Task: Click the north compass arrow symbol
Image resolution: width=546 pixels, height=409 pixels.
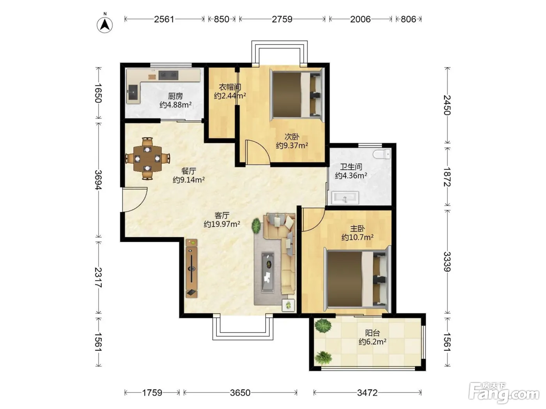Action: point(105,25)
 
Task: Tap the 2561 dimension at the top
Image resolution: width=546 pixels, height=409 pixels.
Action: point(164,19)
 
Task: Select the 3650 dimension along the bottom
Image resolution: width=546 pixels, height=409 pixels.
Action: point(240,393)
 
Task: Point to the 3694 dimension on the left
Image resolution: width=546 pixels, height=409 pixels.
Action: point(99,180)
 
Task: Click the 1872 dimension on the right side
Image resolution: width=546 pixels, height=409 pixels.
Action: point(447,177)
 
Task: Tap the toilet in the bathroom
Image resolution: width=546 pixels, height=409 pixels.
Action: point(382,154)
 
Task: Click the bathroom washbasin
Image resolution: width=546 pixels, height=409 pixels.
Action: point(345,198)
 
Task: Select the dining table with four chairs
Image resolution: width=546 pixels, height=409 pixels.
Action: point(147,159)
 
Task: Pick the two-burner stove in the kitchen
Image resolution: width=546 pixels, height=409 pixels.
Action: point(168,75)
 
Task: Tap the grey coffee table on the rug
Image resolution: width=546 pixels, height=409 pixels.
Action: point(268,273)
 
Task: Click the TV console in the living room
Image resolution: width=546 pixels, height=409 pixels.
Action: point(191,268)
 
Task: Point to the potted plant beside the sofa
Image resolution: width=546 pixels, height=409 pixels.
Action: point(256,226)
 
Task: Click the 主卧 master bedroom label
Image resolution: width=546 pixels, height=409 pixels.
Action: point(358,229)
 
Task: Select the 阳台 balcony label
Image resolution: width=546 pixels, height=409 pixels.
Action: point(372,333)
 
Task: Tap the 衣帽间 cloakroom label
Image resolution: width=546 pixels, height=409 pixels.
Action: point(230,87)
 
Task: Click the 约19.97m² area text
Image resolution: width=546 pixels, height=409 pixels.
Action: point(222,224)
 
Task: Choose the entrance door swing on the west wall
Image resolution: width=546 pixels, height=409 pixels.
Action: point(135,200)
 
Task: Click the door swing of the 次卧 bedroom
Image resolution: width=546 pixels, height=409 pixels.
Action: point(258,152)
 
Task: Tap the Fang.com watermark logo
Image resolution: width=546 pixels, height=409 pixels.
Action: point(504,394)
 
